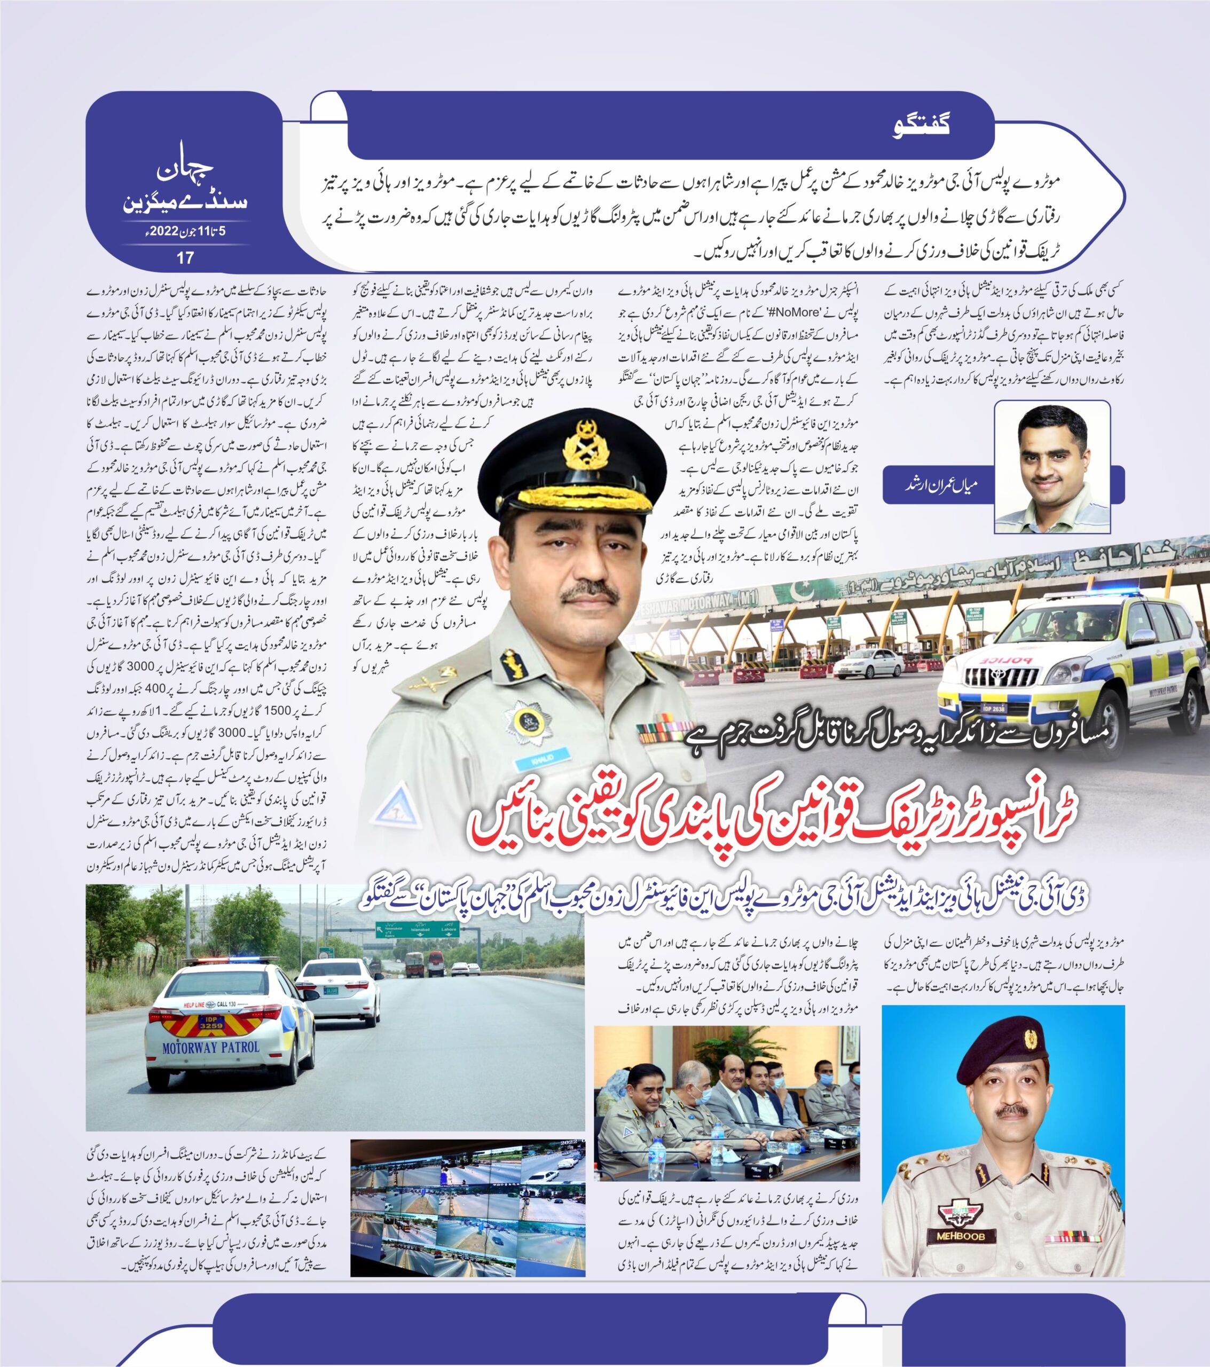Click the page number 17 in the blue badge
coord(185,257)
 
